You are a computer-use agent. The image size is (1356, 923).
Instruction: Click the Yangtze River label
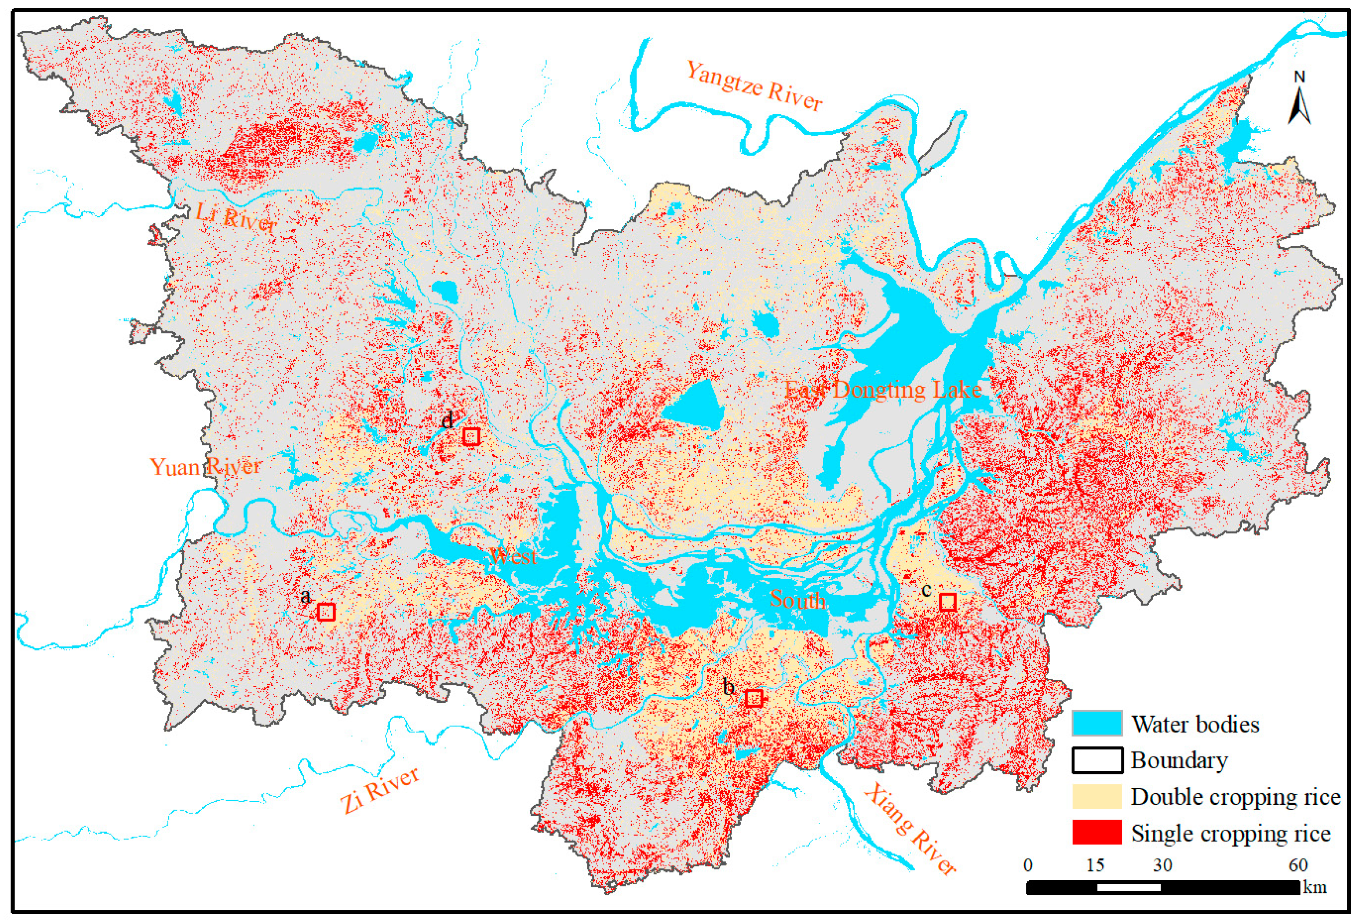754,86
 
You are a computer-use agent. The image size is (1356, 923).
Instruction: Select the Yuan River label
205,466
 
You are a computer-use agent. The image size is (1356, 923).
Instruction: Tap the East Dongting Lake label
882,390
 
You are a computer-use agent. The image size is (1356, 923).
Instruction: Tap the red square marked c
947,602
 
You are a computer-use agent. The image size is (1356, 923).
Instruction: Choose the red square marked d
471,436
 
